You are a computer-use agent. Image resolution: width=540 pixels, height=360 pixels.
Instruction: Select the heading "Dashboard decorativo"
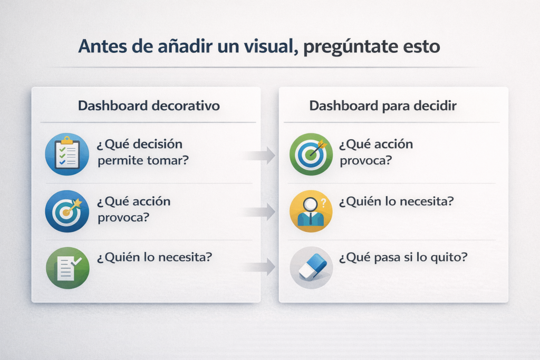tap(149, 105)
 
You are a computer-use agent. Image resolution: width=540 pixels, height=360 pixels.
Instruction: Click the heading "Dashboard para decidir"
tap(383, 105)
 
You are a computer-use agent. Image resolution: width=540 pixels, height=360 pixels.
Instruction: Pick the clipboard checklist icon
tap(67, 154)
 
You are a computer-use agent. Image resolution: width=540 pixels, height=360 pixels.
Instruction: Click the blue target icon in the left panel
tap(67, 211)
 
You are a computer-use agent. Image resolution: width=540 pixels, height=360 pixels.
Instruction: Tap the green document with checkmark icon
tap(67, 268)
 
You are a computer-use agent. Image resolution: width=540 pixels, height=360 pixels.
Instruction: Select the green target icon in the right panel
tap(311, 154)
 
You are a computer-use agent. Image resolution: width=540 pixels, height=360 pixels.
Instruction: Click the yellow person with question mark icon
tap(311, 211)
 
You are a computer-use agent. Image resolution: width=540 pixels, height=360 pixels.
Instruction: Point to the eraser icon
tap(311, 268)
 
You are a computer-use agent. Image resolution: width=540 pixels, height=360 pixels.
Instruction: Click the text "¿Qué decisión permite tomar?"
tap(142, 152)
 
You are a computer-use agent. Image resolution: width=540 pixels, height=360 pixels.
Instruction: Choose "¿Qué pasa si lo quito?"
tap(403, 257)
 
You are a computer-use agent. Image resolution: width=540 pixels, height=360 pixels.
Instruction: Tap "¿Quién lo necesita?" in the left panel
tap(155, 257)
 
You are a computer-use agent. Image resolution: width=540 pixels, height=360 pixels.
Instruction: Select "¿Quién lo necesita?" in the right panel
tap(397, 201)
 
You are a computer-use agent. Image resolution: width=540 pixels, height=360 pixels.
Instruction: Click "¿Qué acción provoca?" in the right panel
tap(375, 152)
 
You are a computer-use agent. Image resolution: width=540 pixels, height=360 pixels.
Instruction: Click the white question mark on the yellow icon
tap(323, 203)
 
